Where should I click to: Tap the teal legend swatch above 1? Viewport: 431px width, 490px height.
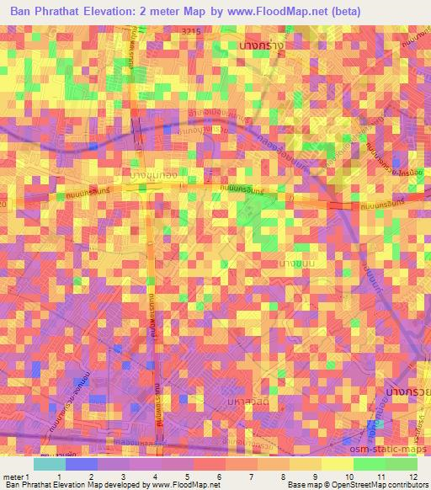(x=50, y=465)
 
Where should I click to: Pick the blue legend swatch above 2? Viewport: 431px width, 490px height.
(x=82, y=465)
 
